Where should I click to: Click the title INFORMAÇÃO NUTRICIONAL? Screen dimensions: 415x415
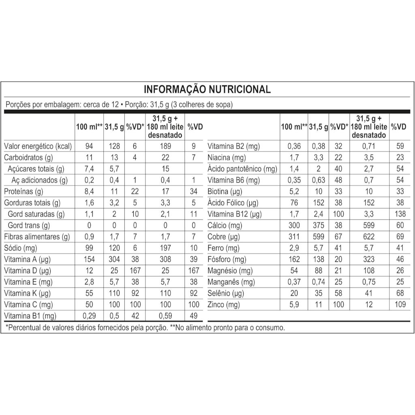(207, 89)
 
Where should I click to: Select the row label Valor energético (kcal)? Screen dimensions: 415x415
(38, 146)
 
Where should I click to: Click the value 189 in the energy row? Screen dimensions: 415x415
(165, 146)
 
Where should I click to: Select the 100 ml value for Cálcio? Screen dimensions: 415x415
(293, 225)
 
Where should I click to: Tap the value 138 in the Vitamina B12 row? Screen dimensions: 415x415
(399, 214)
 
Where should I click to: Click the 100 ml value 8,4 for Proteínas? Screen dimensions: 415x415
(89, 191)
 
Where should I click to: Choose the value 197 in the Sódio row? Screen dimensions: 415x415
(165, 248)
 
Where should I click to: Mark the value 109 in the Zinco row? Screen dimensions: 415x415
(399, 304)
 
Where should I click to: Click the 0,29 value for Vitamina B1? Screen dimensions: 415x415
(89, 316)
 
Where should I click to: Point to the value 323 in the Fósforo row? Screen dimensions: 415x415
(369, 259)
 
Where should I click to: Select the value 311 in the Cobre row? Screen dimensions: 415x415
(293, 237)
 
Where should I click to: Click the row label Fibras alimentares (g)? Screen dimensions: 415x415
(37, 237)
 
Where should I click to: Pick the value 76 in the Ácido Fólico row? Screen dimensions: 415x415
(293, 203)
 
